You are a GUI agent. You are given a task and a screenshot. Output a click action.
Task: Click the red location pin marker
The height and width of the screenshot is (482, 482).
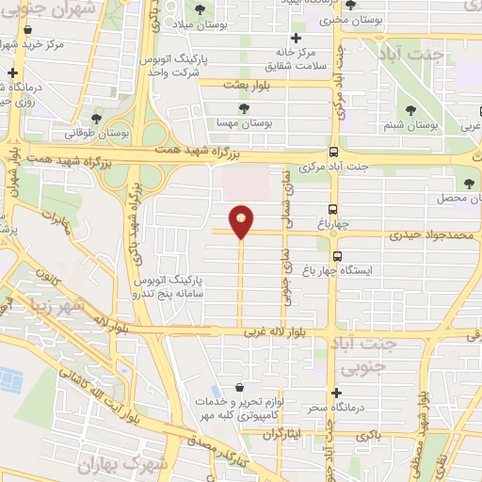[x=242, y=219]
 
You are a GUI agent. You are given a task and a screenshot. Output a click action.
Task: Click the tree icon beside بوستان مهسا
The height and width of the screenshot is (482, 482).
[x=245, y=108]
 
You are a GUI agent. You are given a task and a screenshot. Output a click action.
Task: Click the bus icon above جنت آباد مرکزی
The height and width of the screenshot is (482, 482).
[x=333, y=152]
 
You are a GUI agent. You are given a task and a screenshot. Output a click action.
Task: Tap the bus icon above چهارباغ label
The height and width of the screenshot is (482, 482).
[x=333, y=209]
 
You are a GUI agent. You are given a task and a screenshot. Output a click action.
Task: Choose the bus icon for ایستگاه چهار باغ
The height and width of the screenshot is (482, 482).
[x=336, y=255]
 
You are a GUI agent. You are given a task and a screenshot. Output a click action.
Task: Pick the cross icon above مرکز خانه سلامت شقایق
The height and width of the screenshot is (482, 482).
[x=296, y=39]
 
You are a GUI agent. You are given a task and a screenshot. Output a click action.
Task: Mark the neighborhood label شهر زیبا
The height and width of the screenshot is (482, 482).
[x=56, y=305]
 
